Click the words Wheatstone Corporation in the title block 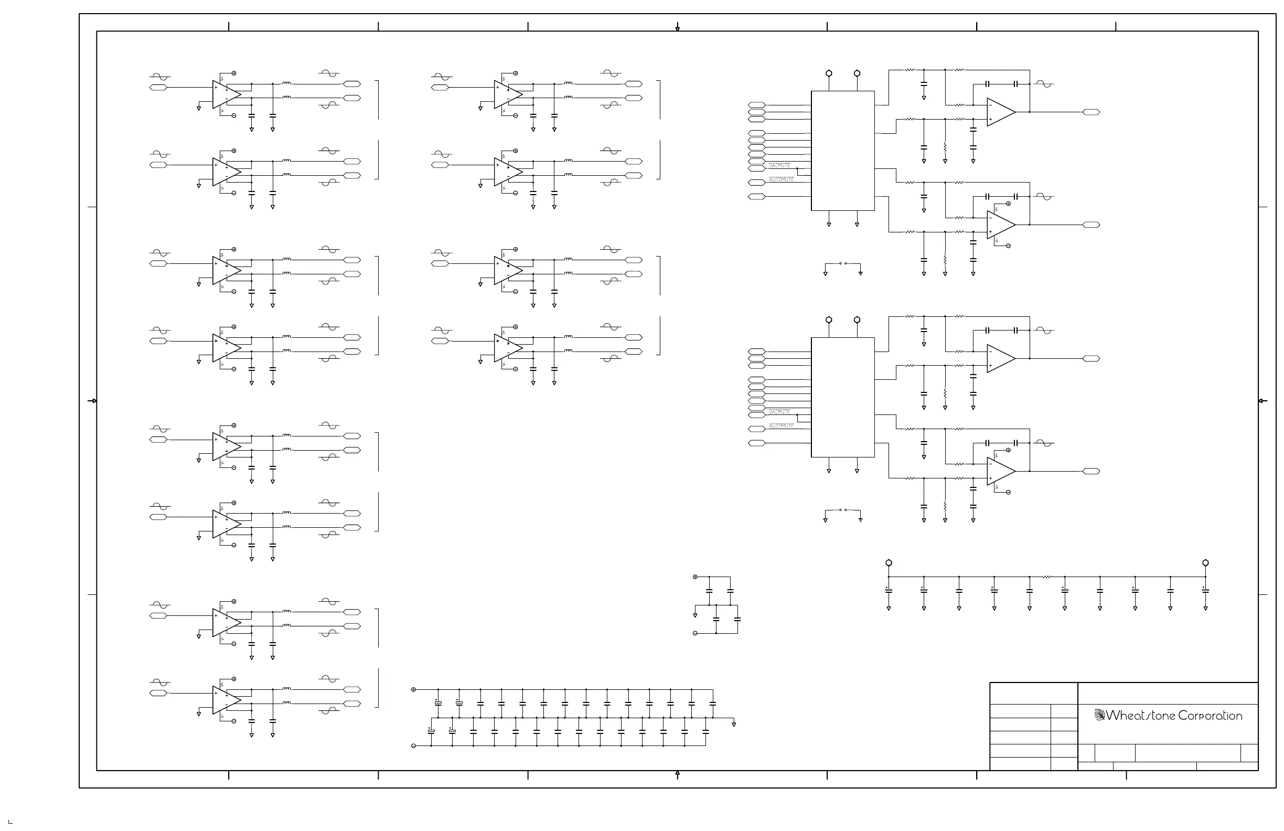click(1174, 716)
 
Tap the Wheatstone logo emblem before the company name click(1099, 715)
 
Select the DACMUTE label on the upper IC click(779, 165)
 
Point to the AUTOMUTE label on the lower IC click(781, 426)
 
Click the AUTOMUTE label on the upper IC click(781, 179)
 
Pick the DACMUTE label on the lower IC click(779, 412)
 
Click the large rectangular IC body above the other click(843, 151)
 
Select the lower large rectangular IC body click(843, 397)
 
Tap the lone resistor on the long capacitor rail click(1046, 577)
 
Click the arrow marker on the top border click(678, 27)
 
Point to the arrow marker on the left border click(93, 401)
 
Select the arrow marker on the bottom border click(678, 775)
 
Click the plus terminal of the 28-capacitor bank click(414, 690)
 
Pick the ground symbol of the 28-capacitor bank click(734, 724)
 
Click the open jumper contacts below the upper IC click(843, 263)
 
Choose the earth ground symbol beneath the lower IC click(861, 520)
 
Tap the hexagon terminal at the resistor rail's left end click(889, 563)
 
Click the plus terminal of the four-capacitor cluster click(695, 577)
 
